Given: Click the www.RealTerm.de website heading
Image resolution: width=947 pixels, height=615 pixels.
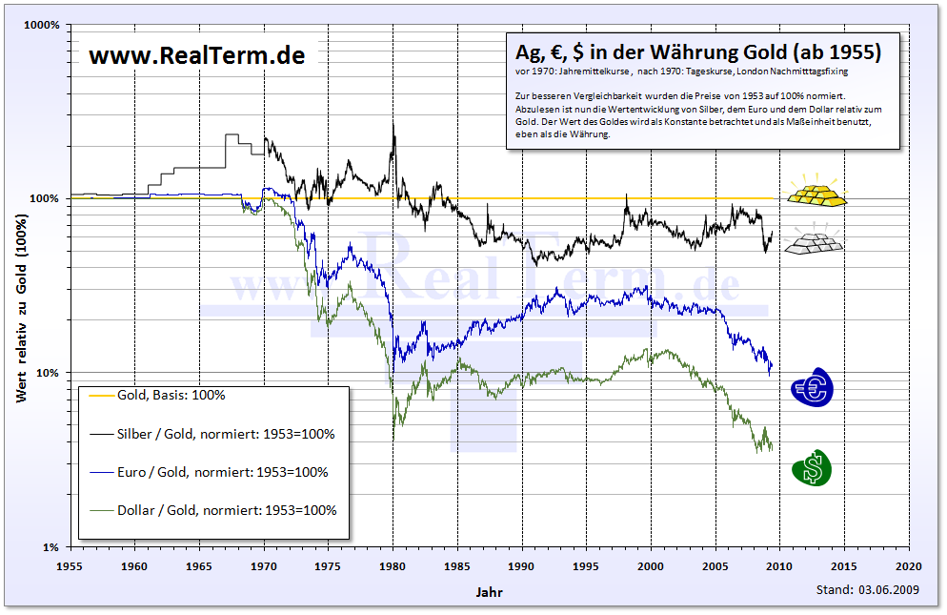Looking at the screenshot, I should point(197,55).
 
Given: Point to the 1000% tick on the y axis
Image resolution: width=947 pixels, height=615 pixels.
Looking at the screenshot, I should point(42,25).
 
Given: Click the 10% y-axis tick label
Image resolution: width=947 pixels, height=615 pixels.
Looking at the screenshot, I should point(48,373).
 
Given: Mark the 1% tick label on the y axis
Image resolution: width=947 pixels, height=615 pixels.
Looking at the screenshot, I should point(50,547).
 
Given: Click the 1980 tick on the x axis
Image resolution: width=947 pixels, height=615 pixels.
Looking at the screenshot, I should point(393,564).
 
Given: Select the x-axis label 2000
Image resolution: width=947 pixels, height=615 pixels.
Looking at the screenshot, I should point(651,564).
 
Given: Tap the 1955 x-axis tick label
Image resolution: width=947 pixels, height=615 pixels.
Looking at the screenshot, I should point(71,564).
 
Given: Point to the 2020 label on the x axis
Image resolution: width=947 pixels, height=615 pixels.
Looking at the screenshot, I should point(908,564).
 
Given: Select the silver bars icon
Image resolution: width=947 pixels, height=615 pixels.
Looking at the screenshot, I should point(814,241).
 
